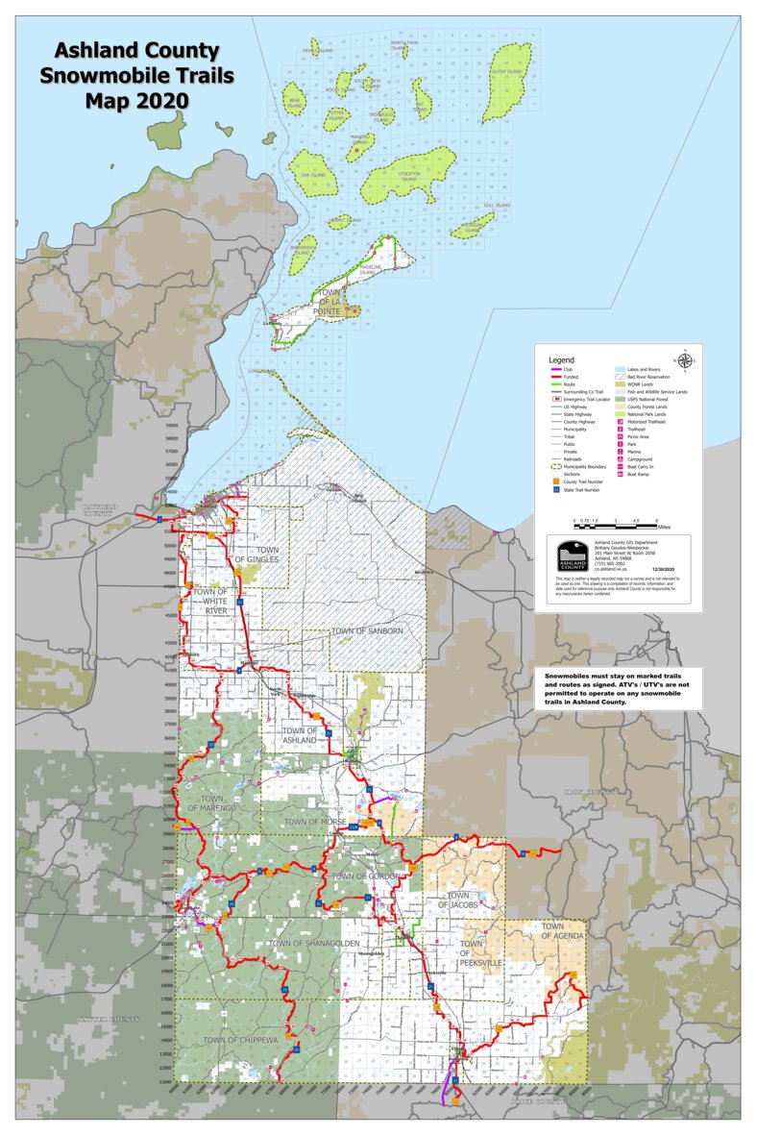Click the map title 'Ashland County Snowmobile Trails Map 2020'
(x=136, y=76)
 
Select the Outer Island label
(x=506, y=72)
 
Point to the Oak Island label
(x=314, y=176)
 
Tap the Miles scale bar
(x=615, y=522)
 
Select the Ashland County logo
(x=573, y=556)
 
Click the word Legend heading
(x=561, y=358)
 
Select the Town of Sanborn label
(x=367, y=631)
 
